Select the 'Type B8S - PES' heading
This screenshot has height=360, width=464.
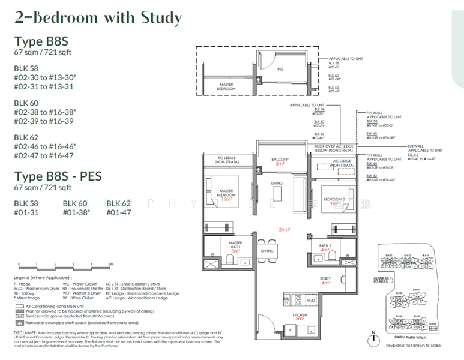click(58, 176)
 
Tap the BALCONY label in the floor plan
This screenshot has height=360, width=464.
click(279, 160)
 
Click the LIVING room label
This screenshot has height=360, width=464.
click(276, 184)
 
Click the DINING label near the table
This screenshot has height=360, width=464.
click(267, 251)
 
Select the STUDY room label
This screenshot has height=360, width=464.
click(325, 278)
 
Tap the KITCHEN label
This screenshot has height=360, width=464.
click(300, 314)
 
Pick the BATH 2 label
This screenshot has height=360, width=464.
click(326, 246)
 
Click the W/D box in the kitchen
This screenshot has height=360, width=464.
click(310, 299)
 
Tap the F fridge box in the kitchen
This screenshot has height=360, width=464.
click(289, 329)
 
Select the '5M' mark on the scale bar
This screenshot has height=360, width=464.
click(110, 264)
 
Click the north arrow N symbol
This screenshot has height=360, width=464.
click(373, 334)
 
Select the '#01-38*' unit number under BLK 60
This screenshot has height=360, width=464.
click(76, 212)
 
